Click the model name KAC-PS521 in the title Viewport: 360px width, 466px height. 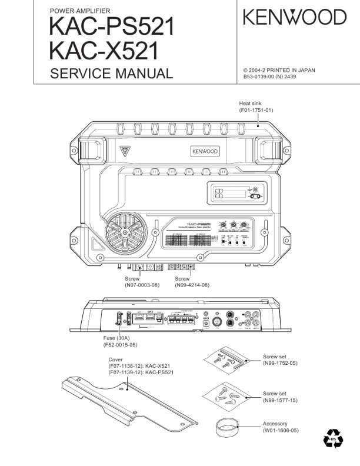pos(112,26)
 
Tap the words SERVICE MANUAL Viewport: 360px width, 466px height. pos(111,74)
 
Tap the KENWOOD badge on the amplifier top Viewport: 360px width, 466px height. pos(204,151)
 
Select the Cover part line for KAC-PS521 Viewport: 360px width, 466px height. pos(141,372)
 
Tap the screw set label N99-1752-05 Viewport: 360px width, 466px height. pos(281,363)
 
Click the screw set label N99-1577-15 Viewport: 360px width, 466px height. pos(281,400)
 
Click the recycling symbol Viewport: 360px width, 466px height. pos(334,439)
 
